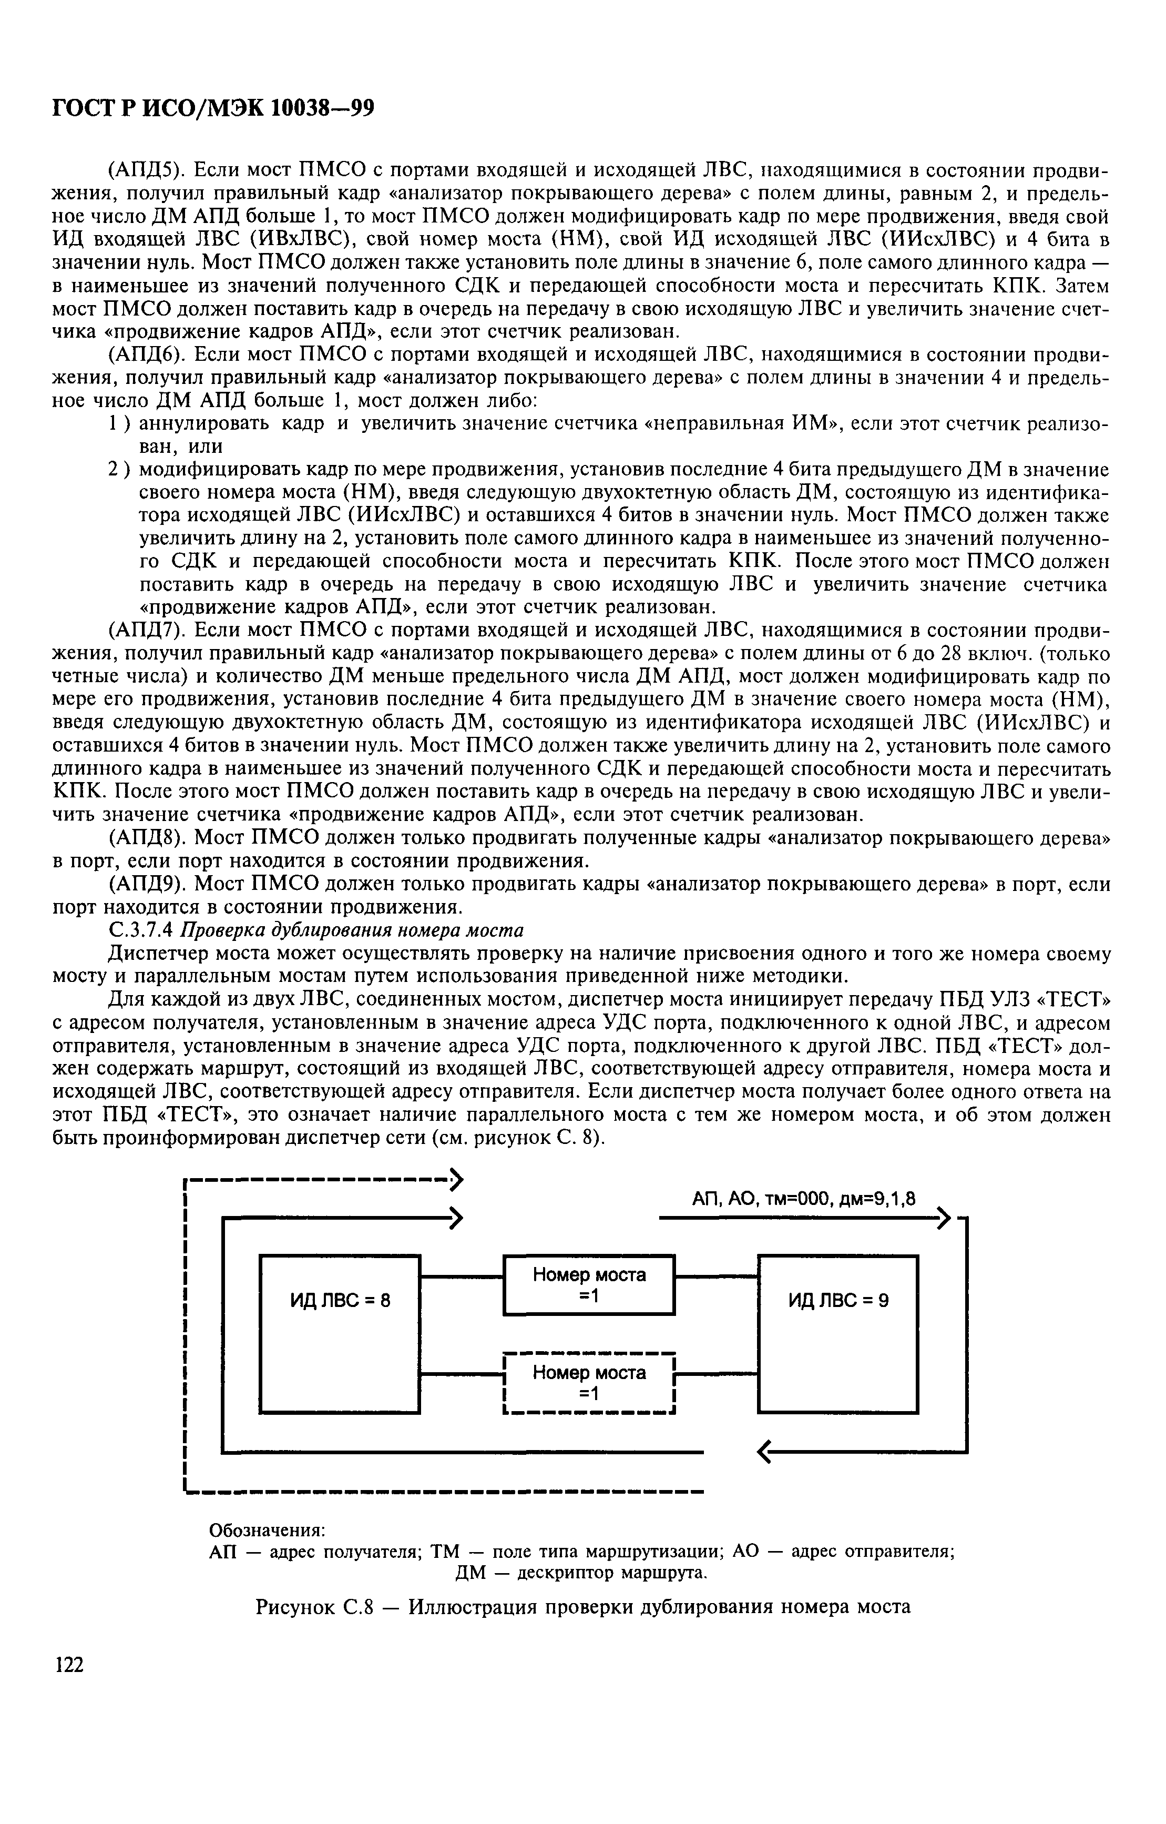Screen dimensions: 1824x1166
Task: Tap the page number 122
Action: coord(68,1666)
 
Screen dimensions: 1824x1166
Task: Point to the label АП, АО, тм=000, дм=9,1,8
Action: coord(803,1199)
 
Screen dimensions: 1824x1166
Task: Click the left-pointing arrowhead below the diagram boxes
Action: coord(765,1452)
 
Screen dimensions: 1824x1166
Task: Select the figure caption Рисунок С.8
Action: coord(582,1605)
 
